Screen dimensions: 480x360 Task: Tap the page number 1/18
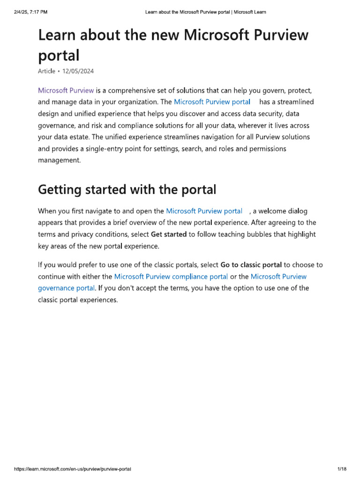click(x=341, y=469)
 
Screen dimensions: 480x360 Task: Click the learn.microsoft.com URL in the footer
click(x=73, y=469)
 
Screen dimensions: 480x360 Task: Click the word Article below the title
click(x=46, y=71)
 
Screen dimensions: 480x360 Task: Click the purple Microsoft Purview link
click(x=66, y=90)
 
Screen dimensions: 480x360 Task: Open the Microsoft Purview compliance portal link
click(x=171, y=277)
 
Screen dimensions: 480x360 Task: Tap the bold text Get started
click(x=169, y=234)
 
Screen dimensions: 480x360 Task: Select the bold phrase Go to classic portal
click(x=251, y=265)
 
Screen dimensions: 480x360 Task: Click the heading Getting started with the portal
click(x=127, y=190)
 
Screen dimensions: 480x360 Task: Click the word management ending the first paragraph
click(x=59, y=160)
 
